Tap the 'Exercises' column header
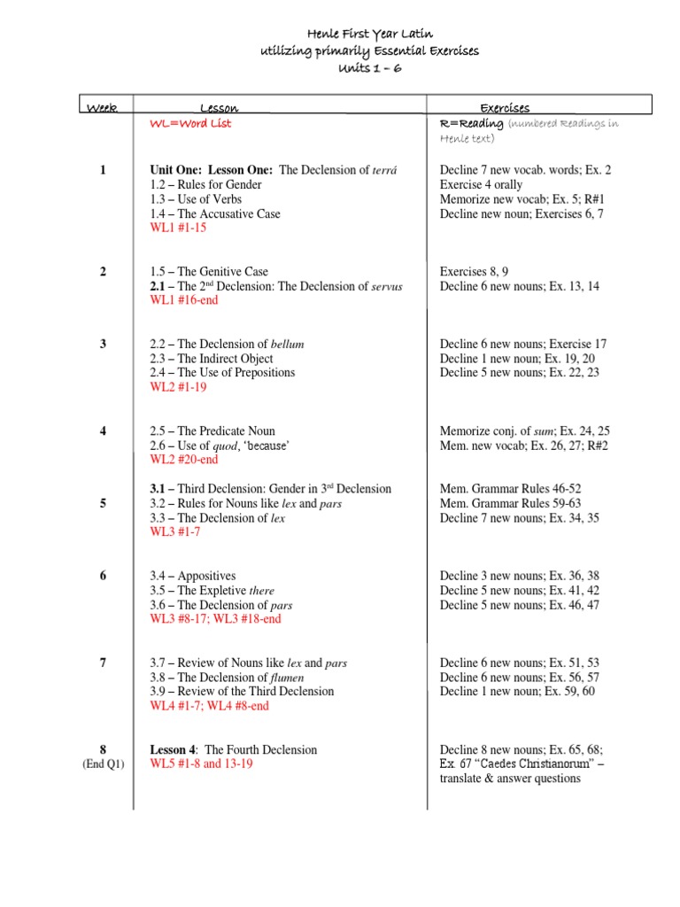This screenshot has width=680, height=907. tap(505, 108)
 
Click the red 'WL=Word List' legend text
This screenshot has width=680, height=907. tap(191, 124)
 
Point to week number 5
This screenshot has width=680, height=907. tap(104, 503)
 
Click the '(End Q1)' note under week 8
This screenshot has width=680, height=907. tap(103, 764)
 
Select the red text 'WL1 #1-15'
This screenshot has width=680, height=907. tap(178, 228)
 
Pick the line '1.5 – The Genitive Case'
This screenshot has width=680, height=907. tap(209, 272)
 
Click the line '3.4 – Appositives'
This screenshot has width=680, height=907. tap(193, 576)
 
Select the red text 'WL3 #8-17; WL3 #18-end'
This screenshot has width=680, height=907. tap(216, 619)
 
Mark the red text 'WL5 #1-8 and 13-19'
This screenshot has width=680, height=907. tap(202, 764)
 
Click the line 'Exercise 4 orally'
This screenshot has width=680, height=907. tap(483, 185)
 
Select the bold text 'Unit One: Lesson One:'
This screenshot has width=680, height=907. tap(212, 170)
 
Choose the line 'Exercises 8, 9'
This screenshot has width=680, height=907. tap(475, 272)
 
